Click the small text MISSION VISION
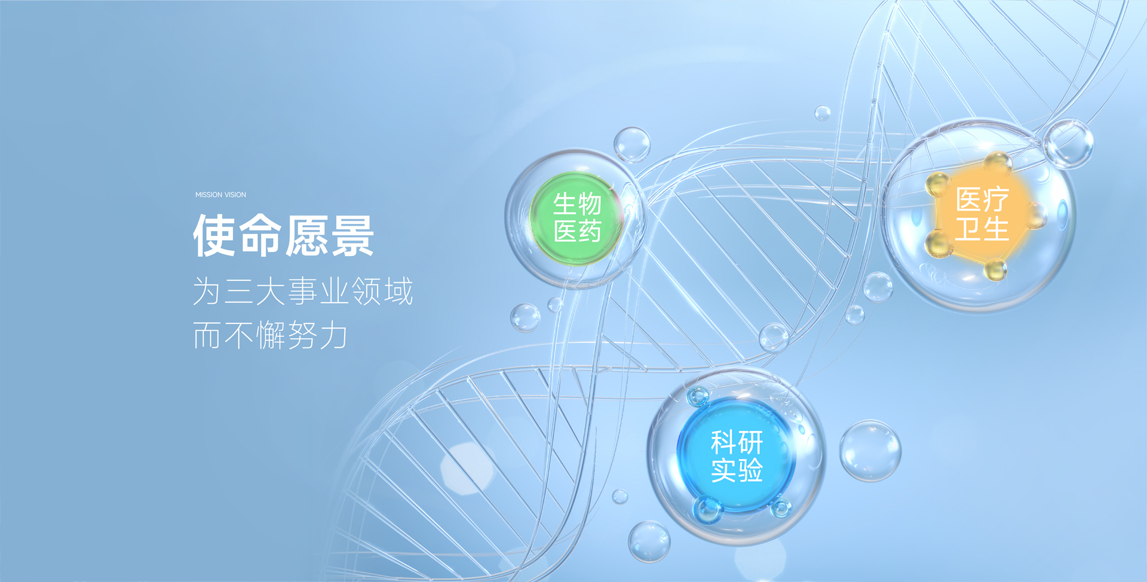(x=220, y=195)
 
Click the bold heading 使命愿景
(x=283, y=236)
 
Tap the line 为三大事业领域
(x=303, y=291)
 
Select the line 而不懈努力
(x=270, y=335)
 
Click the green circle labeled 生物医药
(x=576, y=218)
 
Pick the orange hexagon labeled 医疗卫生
(x=982, y=215)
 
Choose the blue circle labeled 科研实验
(x=737, y=455)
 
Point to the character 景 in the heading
(x=352, y=236)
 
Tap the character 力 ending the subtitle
(x=333, y=335)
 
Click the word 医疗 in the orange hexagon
(x=982, y=199)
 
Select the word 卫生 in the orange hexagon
(x=982, y=229)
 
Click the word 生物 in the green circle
(x=576, y=204)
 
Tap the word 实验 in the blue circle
(x=737, y=470)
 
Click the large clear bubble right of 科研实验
(x=870, y=451)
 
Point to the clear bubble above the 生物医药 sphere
(x=632, y=144)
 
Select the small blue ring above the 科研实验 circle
(x=698, y=396)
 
